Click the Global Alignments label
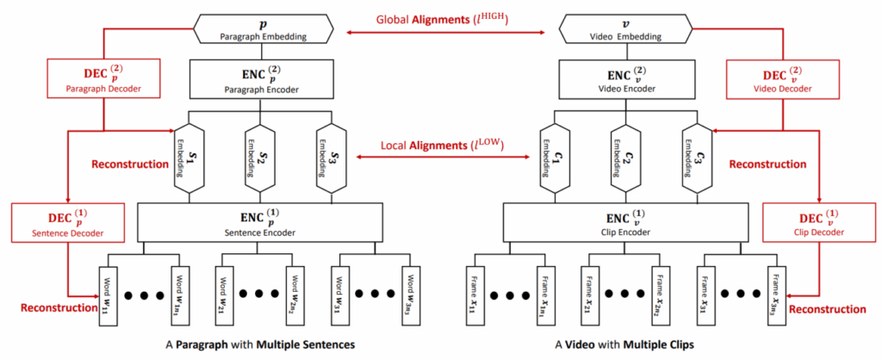click(x=444, y=19)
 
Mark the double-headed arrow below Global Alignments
click(x=445, y=33)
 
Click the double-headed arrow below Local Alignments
click(x=445, y=157)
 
